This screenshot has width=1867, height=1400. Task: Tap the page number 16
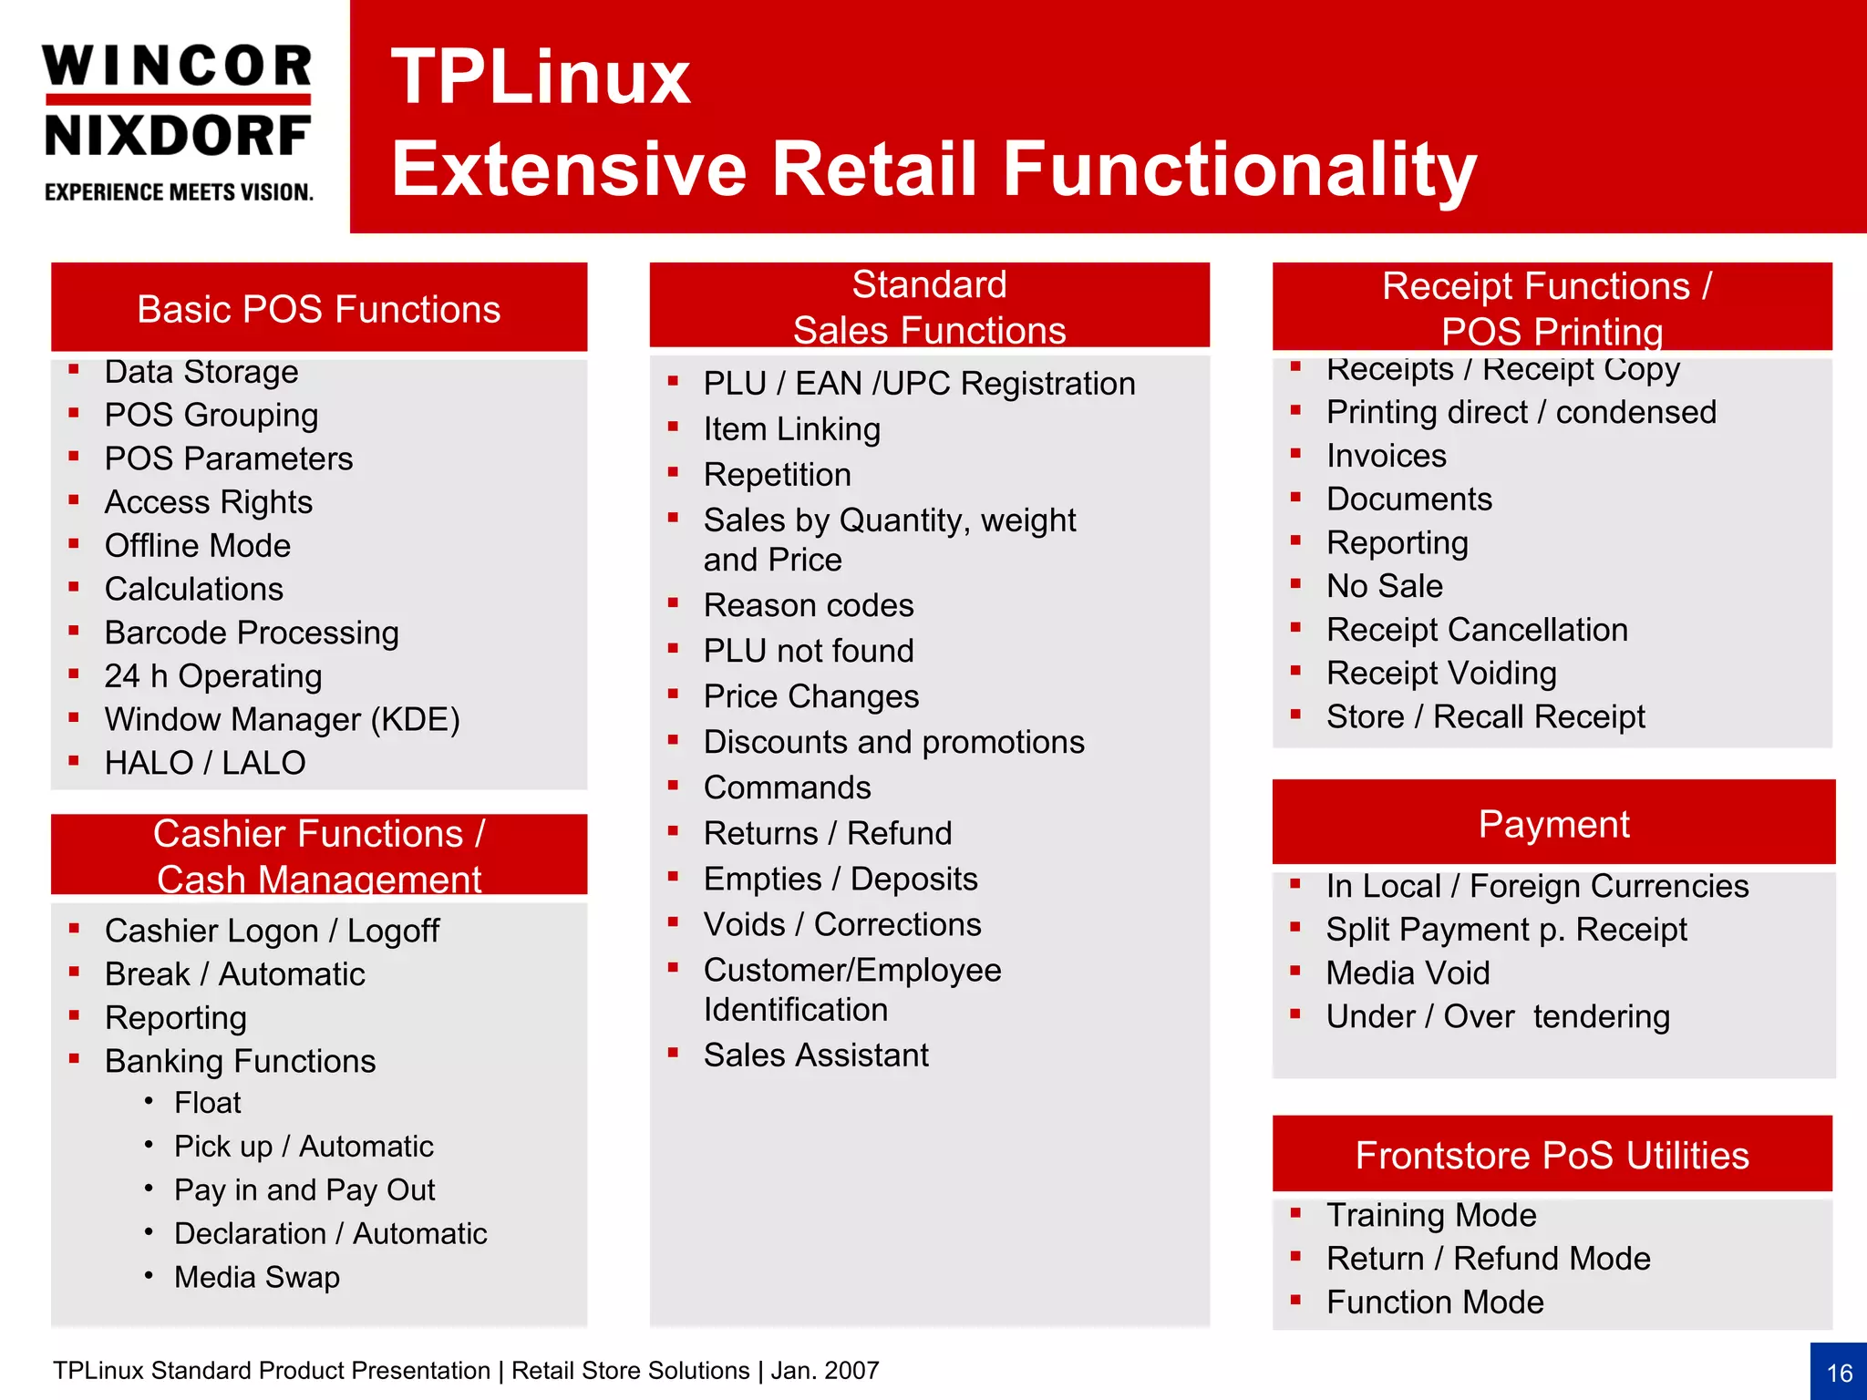(1839, 1373)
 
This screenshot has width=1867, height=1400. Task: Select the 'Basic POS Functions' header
(318, 309)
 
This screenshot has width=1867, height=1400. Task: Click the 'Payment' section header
(1553, 824)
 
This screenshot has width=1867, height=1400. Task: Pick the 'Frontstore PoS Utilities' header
(1552, 1155)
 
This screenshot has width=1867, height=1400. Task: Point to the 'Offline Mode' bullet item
(197, 545)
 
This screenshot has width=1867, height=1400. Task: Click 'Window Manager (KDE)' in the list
(282, 719)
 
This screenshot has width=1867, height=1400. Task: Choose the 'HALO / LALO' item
(205, 763)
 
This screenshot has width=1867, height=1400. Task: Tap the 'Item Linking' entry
(791, 429)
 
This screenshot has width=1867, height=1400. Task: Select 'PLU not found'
(808, 651)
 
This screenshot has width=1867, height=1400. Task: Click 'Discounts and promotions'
(893, 742)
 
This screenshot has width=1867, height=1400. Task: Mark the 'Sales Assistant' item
(815, 1055)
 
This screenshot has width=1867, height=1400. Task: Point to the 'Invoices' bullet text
(1386, 456)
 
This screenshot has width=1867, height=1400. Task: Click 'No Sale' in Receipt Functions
(1384, 586)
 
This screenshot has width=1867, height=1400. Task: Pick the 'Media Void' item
(1408, 973)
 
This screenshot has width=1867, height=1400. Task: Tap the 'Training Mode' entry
(1431, 1215)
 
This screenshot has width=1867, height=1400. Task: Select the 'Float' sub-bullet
(208, 1103)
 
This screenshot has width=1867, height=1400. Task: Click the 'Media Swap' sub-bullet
(257, 1277)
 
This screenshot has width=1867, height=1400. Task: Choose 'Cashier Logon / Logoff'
(272, 931)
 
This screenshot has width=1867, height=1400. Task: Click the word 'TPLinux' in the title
(541, 77)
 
